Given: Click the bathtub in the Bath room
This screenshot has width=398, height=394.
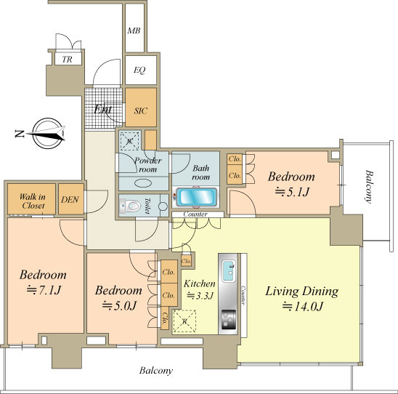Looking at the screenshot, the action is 197,197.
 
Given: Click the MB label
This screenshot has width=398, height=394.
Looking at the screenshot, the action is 134,31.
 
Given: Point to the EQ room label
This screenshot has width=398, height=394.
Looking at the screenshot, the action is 139,70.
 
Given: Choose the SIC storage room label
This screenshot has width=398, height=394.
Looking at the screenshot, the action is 141,110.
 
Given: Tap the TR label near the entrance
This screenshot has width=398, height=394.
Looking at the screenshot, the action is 68,60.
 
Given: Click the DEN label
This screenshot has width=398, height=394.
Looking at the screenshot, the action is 70,199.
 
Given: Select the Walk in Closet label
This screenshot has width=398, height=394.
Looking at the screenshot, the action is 33,201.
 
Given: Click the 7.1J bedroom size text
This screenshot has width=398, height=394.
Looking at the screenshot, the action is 44,290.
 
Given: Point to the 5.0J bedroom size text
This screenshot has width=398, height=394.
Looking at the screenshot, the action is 120,305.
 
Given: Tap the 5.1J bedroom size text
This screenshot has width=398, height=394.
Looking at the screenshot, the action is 293,192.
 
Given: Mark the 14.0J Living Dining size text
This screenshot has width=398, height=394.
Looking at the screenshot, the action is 303,307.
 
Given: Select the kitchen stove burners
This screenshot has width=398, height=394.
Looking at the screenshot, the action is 229,320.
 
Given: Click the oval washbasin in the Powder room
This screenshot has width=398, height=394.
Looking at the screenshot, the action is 143,183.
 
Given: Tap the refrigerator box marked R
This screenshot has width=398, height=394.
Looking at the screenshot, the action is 184,321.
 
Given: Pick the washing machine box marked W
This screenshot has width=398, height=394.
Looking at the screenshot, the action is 130,141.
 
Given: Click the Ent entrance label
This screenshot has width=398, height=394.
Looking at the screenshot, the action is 103,110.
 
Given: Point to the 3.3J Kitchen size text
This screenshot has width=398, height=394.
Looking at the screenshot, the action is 200,296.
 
